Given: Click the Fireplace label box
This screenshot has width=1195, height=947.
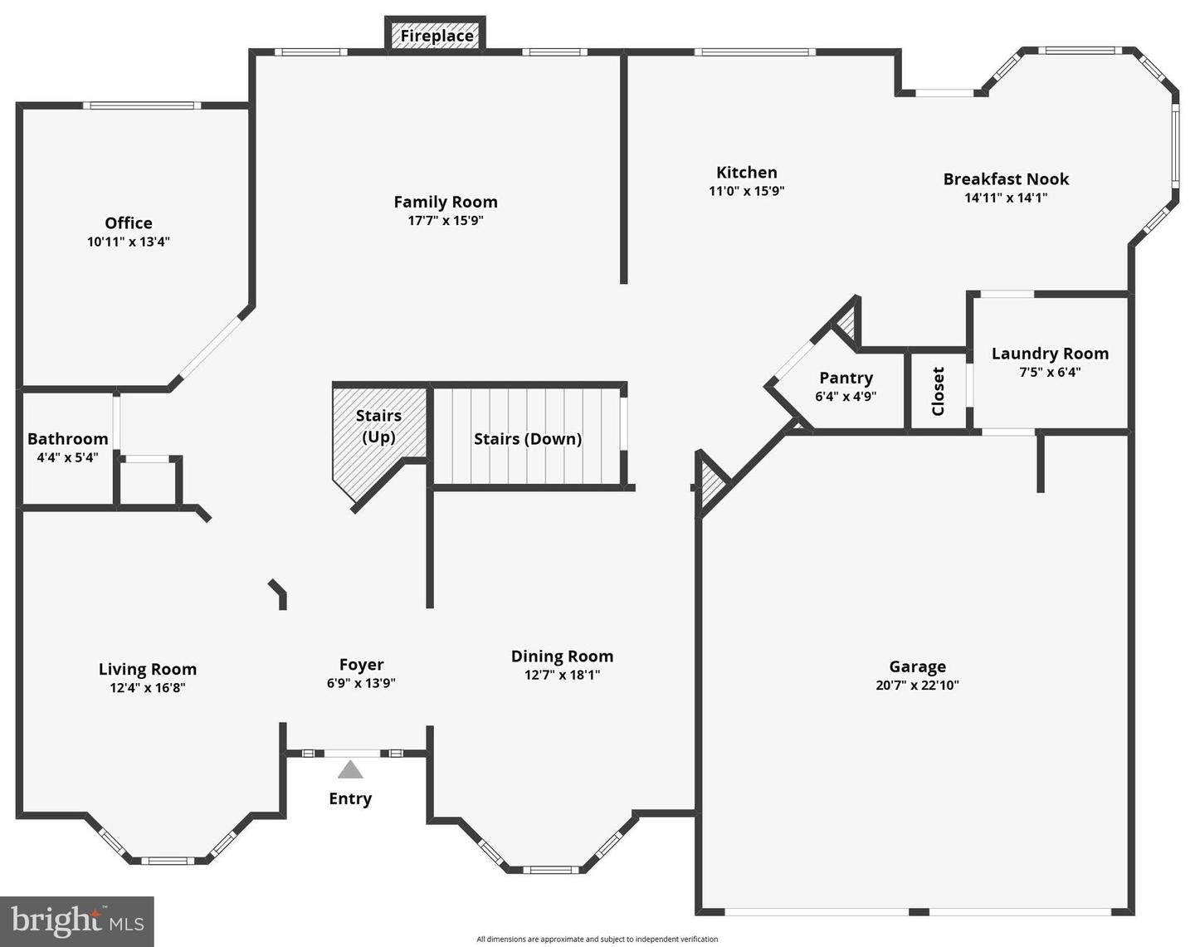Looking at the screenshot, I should (437, 36).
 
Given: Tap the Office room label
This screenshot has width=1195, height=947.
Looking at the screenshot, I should (129, 222).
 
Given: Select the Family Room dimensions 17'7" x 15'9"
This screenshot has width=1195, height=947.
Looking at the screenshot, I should (446, 221).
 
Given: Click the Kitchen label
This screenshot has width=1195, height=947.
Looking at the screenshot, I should (747, 172).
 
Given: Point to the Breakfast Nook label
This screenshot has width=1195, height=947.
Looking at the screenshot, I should (1006, 178).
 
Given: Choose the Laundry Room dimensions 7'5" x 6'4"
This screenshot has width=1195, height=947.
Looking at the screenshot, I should (1050, 372).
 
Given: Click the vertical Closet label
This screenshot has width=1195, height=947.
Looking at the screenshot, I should (939, 391).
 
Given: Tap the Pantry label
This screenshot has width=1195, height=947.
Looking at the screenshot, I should (846, 378).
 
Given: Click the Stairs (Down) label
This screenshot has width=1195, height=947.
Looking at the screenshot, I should (527, 438).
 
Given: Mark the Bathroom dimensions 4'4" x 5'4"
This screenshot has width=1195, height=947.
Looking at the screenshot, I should (67, 457).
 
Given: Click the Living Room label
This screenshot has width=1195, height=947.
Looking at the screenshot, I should (148, 669).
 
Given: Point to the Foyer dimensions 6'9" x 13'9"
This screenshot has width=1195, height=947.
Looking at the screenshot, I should (361, 683).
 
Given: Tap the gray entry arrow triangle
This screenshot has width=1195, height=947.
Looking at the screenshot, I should (350, 770).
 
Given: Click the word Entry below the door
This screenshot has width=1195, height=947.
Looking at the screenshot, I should (350, 798).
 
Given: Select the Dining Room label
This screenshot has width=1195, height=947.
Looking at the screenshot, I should (562, 656).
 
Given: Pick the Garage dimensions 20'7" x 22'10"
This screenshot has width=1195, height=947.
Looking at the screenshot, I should (917, 686).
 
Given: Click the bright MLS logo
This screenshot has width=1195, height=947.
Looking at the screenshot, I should (77, 921).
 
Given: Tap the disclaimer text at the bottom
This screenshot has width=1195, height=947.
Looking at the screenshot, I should (597, 940).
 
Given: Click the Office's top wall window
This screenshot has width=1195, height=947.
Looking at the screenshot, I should (142, 105).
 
